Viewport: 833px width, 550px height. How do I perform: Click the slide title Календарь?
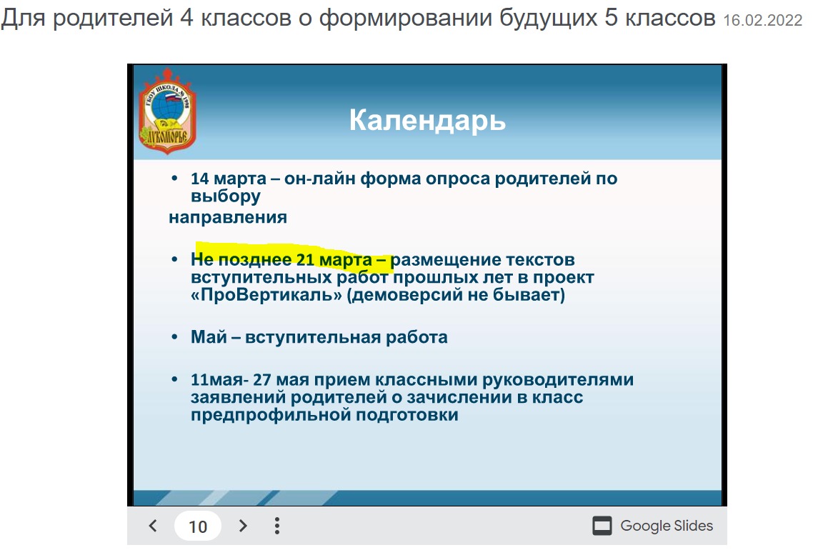427,121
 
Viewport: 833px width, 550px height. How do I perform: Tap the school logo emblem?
167,111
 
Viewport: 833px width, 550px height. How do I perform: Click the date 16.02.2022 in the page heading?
762,20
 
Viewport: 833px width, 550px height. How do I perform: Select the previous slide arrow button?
153,526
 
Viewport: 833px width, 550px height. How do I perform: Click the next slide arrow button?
243,526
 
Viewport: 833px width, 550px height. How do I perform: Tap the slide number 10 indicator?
198,526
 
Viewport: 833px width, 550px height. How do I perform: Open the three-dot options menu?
276,526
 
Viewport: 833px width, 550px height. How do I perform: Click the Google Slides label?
667,526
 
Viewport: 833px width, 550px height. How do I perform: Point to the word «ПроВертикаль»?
266,295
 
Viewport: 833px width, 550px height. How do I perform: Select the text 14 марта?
229,179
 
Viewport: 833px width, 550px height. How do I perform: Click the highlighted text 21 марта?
334,259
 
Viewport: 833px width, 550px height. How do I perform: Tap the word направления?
228,217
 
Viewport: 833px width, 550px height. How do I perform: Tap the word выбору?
226,196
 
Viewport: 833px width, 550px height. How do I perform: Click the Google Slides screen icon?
602,526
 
